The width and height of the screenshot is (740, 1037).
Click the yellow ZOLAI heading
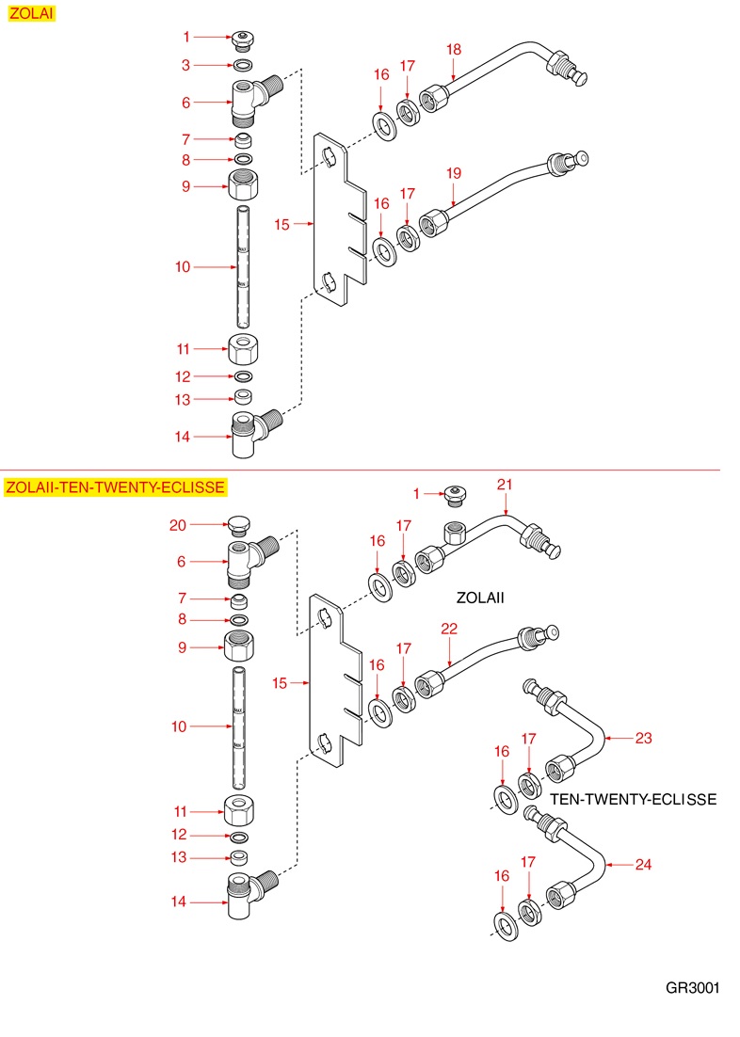pos(30,14)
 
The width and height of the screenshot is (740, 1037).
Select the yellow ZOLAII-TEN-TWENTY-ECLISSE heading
pos(115,487)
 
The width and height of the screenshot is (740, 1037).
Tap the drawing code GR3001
pos(692,988)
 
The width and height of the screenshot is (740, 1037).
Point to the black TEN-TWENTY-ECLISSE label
pos(633,799)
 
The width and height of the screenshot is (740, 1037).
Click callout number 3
pos(186,65)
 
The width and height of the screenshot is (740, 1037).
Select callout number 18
pos(454,49)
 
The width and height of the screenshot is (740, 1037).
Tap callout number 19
pos(454,173)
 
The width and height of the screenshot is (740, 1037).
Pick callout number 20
pos(178,525)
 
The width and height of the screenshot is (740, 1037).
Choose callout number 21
pos(506,484)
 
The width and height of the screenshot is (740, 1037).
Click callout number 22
pos(449,628)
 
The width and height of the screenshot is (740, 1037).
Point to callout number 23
pos(643,738)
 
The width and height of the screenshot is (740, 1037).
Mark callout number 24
pos(643,864)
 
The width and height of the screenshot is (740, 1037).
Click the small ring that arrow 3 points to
pos(242,65)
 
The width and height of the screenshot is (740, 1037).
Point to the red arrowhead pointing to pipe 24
pos(608,864)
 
